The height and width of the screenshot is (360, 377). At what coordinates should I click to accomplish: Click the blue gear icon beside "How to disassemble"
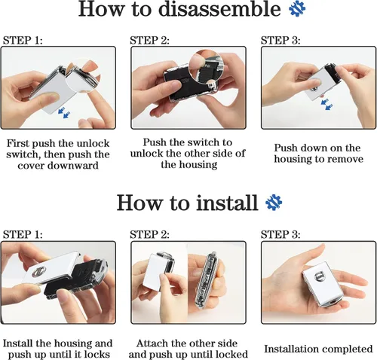click(297, 8)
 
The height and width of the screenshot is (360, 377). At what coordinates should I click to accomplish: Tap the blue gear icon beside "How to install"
click(274, 203)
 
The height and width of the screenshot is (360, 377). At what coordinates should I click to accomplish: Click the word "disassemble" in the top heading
click(219, 9)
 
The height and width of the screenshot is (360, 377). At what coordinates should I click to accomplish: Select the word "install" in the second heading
click(227, 203)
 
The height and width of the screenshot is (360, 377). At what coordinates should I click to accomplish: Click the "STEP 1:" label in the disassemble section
click(23, 40)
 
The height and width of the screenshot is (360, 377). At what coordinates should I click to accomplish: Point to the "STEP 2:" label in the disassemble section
click(150, 40)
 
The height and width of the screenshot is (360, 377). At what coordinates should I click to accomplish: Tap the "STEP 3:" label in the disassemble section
click(280, 40)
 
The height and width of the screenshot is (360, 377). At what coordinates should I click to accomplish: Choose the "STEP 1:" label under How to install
click(23, 234)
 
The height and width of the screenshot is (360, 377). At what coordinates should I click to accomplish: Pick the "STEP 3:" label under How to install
click(280, 234)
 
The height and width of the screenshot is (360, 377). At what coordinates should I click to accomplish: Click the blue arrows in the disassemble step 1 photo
click(64, 112)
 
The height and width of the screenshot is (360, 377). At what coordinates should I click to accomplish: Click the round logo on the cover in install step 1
click(39, 272)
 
